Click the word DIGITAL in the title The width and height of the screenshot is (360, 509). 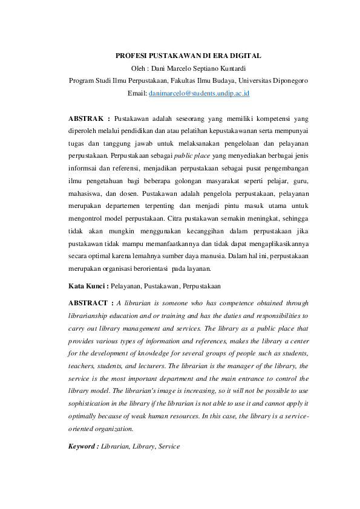244,56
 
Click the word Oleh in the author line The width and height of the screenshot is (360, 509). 140,68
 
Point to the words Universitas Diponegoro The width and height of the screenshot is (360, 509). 273,80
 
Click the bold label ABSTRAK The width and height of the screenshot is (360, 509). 85,118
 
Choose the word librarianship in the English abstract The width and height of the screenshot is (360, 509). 90,315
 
